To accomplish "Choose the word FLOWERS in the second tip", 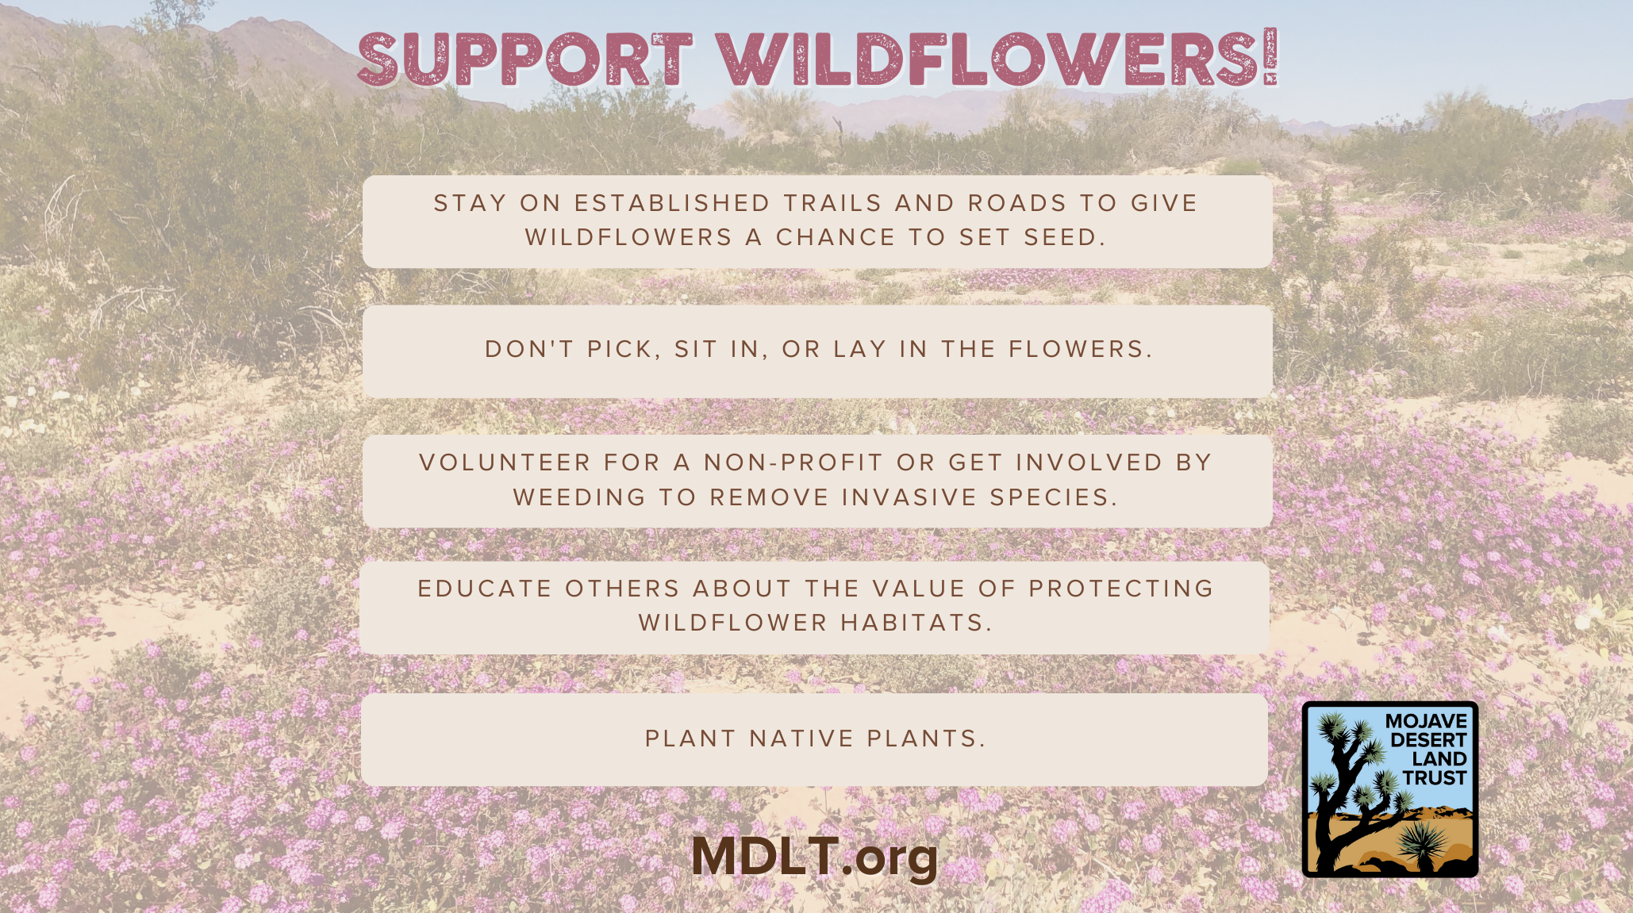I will click(1076, 349).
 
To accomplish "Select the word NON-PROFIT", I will click(793, 462).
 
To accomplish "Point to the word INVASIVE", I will click(909, 497).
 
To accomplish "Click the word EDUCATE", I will click(485, 589).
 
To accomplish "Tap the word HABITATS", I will click(913, 623).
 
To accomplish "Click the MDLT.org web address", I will click(815, 857).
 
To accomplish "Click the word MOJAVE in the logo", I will click(1426, 721).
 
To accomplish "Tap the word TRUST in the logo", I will click(1435, 778).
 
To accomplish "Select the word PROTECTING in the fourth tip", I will click(1121, 589).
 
